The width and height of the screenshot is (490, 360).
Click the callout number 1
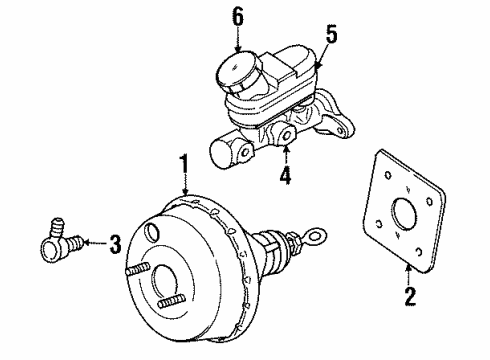tap(182, 161)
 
